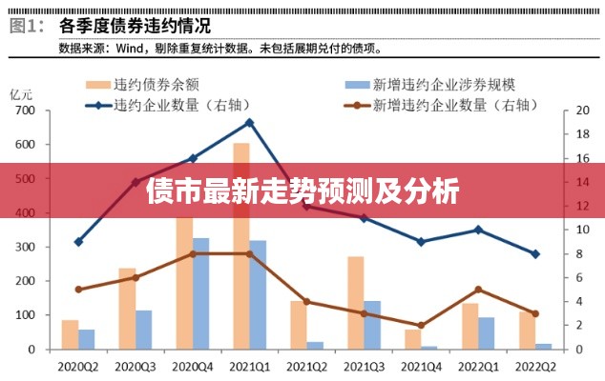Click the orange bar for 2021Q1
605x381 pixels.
point(241,286)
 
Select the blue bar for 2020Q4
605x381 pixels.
point(200,295)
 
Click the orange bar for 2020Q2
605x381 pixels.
point(70,335)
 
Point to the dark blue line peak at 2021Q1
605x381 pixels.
point(249,122)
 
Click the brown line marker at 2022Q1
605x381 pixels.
point(478,290)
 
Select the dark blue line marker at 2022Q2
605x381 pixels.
point(535,254)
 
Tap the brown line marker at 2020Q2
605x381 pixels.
point(78,290)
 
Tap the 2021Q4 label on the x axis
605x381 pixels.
point(421,365)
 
